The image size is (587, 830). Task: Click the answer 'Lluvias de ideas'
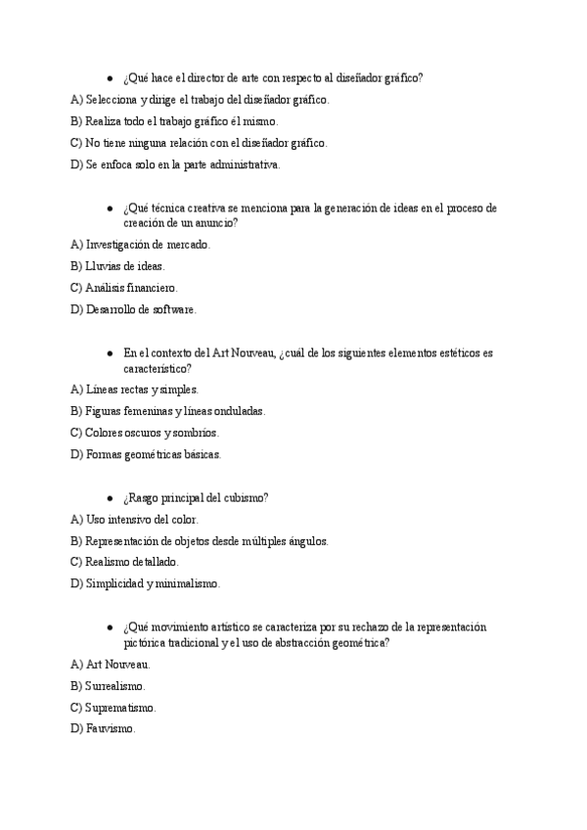[x=118, y=266]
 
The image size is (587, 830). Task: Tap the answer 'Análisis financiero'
[x=125, y=288]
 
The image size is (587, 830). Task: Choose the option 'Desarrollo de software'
[x=134, y=309]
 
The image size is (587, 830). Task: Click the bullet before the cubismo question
[x=110, y=497]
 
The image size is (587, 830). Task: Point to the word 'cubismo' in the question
[x=246, y=497]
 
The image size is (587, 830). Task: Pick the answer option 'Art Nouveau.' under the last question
[x=111, y=664]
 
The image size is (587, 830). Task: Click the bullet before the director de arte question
[x=110, y=78]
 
